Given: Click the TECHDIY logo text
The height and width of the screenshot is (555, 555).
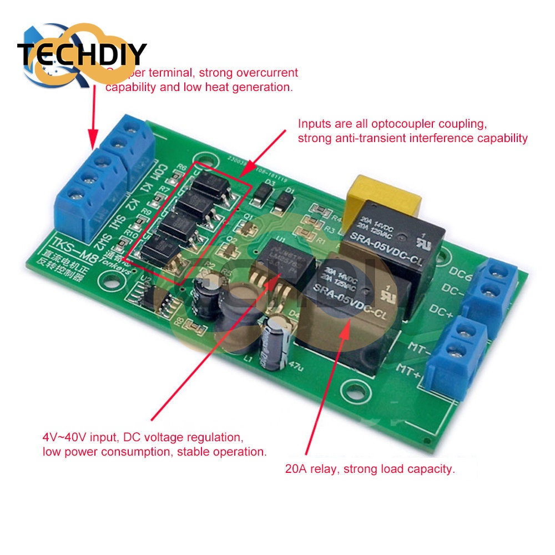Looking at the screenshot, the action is coord(82,54).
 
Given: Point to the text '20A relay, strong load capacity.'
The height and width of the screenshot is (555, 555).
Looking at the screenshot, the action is coord(370,469).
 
